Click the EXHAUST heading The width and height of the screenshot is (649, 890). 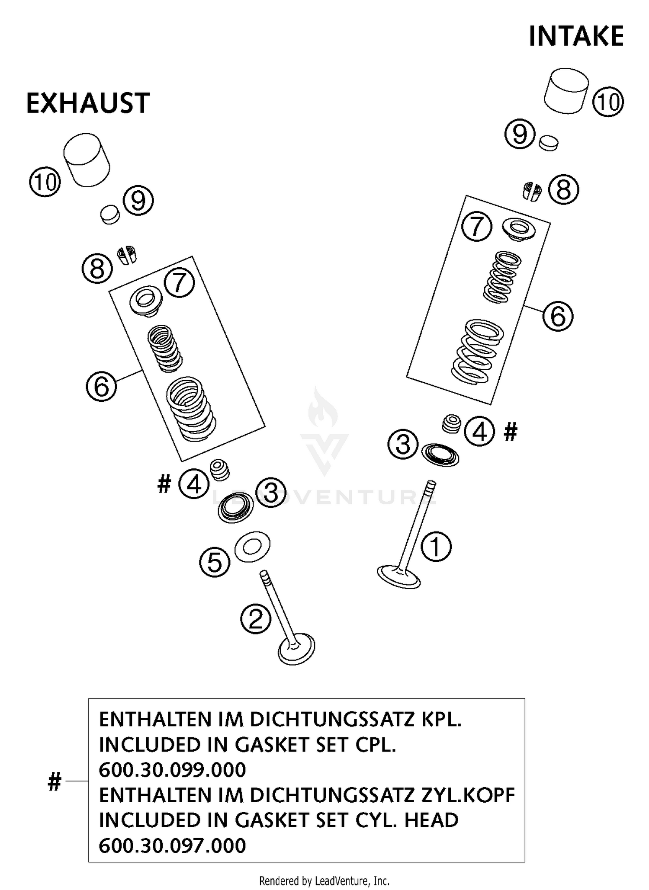click(88, 103)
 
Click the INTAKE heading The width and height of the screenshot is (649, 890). click(576, 36)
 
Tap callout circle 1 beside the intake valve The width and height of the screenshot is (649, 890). click(436, 547)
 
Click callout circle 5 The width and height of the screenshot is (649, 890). click(215, 562)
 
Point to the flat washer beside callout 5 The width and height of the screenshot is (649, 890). click(252, 547)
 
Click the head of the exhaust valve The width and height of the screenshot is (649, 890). click(296, 649)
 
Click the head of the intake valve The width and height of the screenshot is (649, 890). click(398, 577)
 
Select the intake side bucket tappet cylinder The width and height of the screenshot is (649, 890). click(566, 91)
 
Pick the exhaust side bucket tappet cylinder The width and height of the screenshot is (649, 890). click(87, 160)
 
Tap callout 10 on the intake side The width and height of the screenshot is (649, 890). click(608, 102)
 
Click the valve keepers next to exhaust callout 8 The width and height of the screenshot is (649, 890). click(127, 255)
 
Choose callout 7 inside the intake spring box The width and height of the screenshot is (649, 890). click(476, 226)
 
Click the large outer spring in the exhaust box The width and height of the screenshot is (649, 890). click(191, 409)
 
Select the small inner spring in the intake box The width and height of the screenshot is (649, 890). click(502, 277)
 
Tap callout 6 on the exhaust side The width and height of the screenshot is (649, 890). click(101, 386)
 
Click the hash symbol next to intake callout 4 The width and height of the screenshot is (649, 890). click(511, 432)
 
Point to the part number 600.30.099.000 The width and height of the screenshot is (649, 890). click(172, 770)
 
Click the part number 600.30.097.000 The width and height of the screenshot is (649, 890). click(172, 845)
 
